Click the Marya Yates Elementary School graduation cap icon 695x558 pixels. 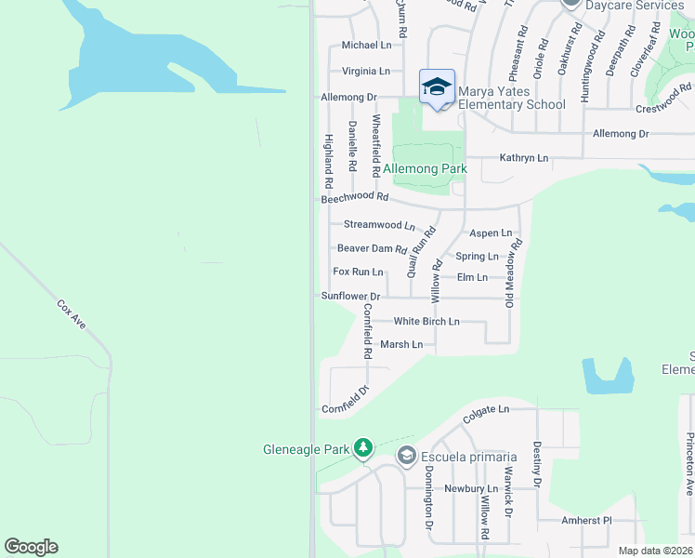(437, 86)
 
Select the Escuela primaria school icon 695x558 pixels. (406, 456)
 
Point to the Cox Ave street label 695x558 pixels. (72, 314)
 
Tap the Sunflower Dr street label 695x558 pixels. (351, 296)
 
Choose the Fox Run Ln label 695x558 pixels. (358, 272)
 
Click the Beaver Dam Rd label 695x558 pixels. (372, 248)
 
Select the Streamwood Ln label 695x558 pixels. (379, 225)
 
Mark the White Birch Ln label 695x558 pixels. (426, 321)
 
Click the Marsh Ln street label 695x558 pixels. (401, 344)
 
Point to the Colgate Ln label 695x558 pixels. (487, 409)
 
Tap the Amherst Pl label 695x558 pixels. (588, 521)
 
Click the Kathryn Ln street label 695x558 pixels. (524, 158)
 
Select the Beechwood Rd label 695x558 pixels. (354, 197)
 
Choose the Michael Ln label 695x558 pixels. (366, 45)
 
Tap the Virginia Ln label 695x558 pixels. (366, 71)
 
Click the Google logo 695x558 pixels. (31, 547)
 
